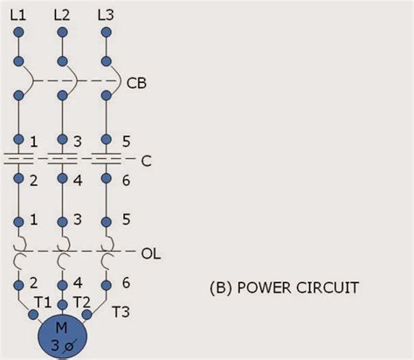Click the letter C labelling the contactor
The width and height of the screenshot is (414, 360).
tap(145, 161)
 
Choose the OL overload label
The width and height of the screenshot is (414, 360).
tap(150, 254)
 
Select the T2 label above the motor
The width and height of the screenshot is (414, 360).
tap(83, 302)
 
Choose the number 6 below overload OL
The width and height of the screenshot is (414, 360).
tap(126, 283)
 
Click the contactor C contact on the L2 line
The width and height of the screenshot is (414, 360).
tap(62, 161)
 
